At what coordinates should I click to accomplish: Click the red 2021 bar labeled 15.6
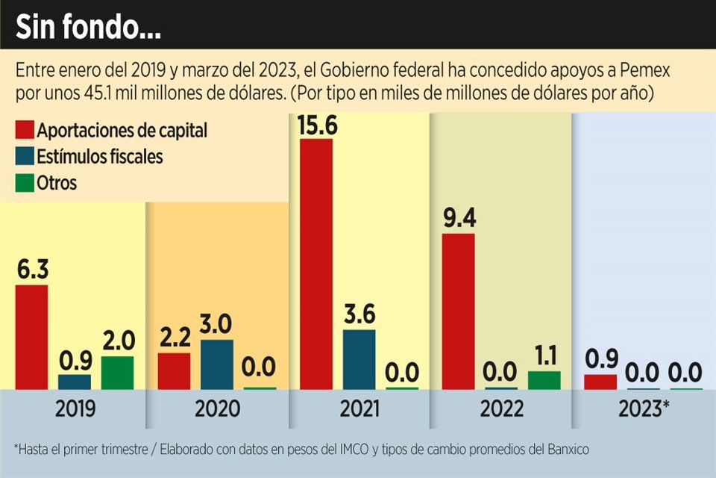(316, 263)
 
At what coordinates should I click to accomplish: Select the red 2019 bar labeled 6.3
(31, 337)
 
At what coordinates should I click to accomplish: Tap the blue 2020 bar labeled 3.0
(216, 364)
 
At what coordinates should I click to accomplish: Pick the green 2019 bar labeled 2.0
(117, 373)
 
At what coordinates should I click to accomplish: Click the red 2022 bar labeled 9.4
(458, 311)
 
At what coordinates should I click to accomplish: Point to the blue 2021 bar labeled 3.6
(359, 359)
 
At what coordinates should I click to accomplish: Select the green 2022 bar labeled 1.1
(544, 380)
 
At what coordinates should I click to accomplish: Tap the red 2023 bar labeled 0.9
(600, 382)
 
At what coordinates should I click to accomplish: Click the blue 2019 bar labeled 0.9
(75, 382)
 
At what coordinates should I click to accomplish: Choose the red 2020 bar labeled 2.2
(174, 370)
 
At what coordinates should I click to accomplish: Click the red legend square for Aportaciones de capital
(24, 131)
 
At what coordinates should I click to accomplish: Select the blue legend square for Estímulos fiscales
(24, 157)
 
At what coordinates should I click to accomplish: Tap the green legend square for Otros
(24, 183)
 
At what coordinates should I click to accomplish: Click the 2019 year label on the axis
(75, 409)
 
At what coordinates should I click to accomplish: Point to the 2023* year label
(644, 409)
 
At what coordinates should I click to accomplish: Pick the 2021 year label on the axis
(359, 409)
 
